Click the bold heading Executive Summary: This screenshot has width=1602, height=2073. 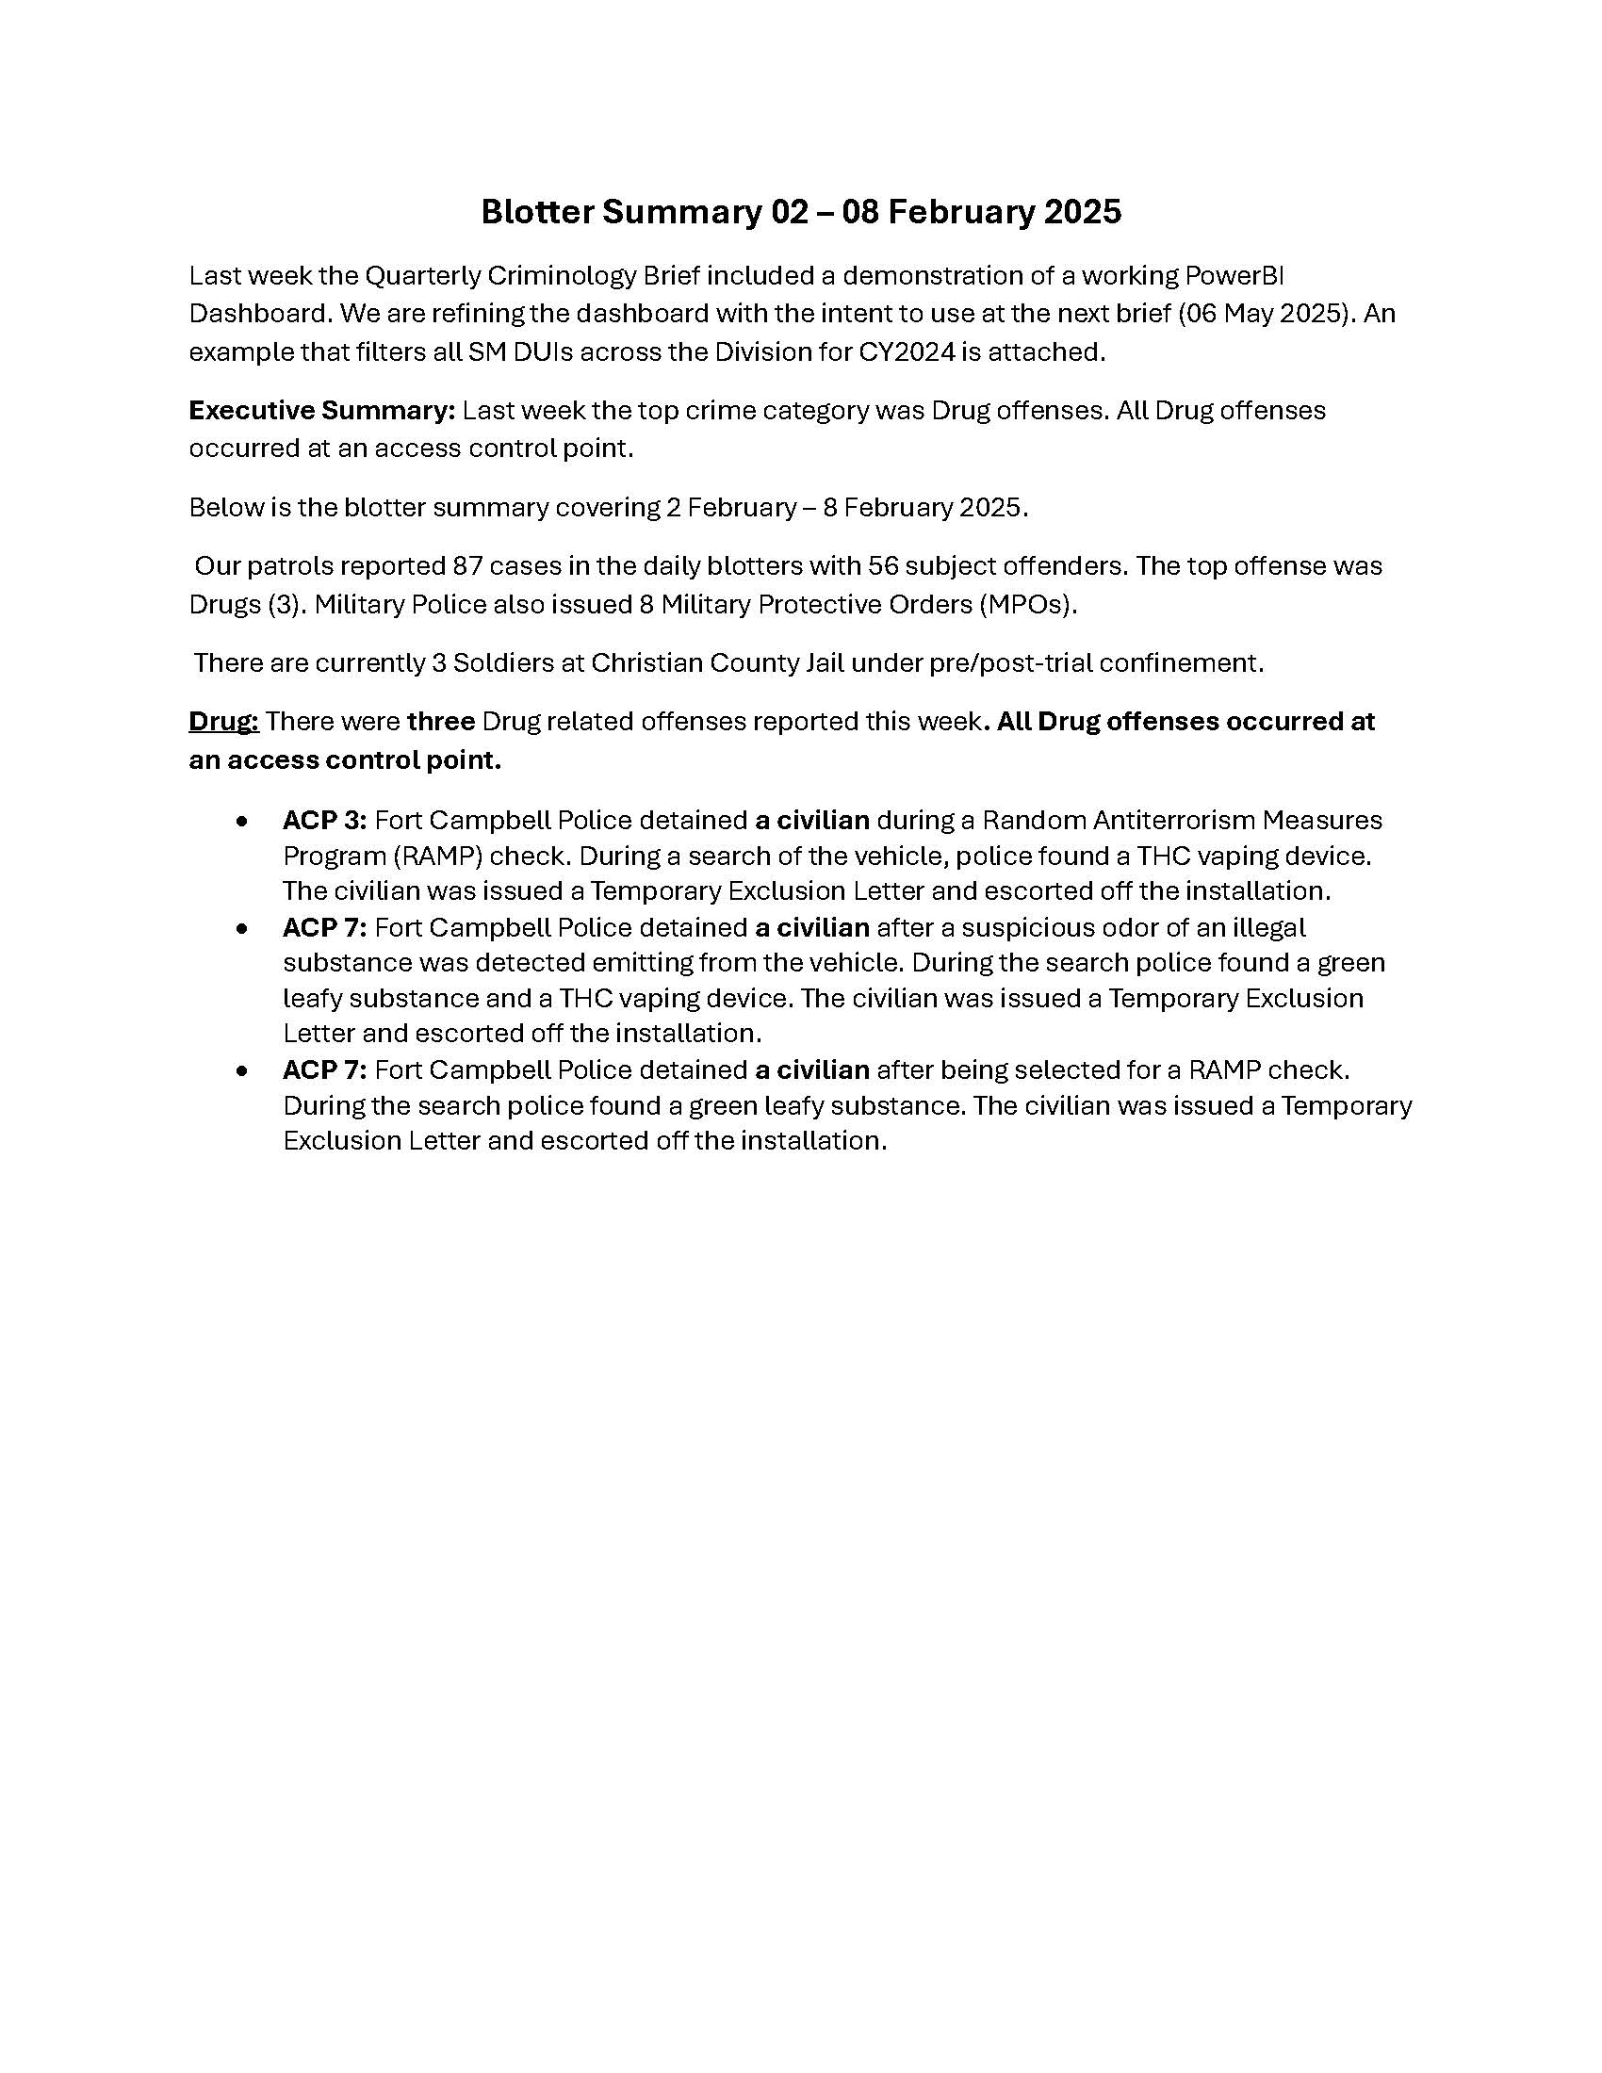coord(321,410)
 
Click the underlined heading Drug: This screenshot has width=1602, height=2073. coord(223,722)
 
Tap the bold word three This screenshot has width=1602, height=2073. coord(440,722)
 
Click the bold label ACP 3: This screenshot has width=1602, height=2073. coord(324,820)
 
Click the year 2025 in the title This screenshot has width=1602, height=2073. coord(1082,212)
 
